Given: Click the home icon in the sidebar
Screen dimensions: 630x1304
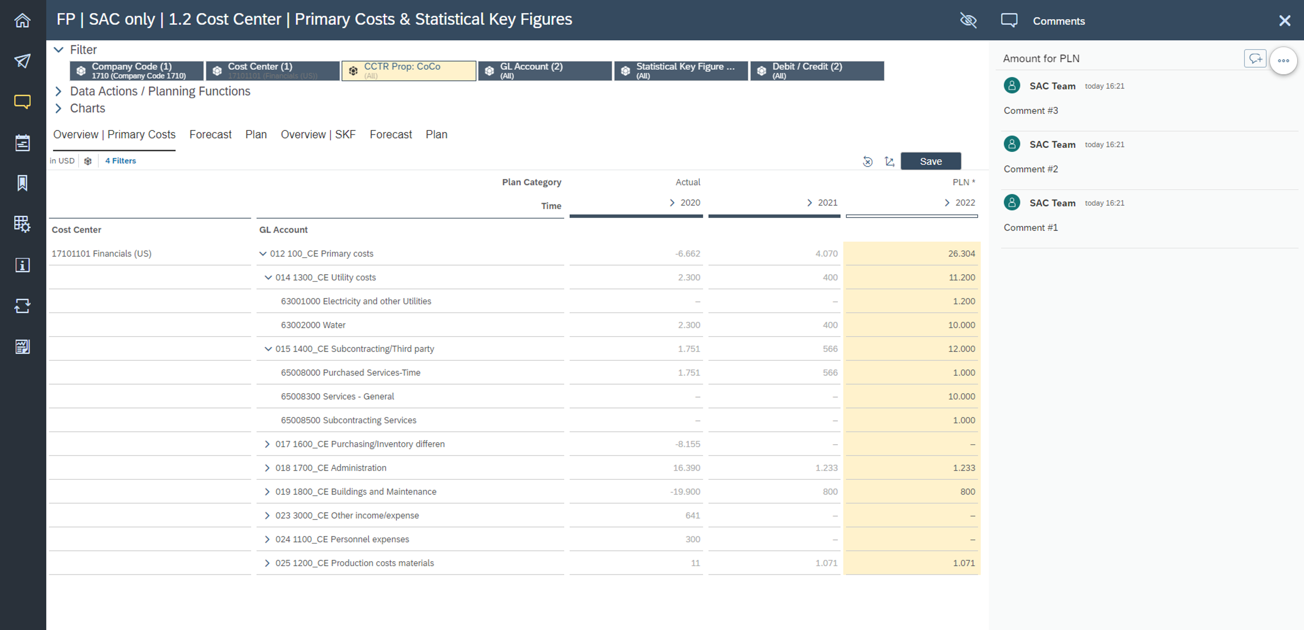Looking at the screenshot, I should (22, 21).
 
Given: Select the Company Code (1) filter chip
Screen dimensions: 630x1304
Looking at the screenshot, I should (136, 71).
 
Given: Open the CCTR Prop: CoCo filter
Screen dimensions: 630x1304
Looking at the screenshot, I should (408, 71).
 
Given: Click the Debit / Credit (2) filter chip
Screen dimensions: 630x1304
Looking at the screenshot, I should (816, 71).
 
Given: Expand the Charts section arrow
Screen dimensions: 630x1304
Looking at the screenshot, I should (59, 108).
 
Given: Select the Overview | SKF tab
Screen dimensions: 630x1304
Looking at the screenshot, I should (318, 135).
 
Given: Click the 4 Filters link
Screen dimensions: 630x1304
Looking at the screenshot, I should (120, 161).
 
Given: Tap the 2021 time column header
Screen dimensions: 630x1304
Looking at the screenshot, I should (827, 203).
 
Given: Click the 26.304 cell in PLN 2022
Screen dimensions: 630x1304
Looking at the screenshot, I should (961, 253).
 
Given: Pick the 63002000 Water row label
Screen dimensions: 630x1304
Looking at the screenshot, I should (313, 325).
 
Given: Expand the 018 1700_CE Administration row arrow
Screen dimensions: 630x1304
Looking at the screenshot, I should (267, 468).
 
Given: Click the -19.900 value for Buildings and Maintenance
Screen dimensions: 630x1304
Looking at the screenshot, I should (685, 492).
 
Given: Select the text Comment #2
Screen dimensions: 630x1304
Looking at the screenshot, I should (1031, 169).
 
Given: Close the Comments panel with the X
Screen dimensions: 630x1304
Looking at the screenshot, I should (1284, 21).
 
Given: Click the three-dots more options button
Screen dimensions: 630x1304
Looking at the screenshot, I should (1283, 61).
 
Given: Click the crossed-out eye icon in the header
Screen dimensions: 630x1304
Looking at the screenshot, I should (968, 21).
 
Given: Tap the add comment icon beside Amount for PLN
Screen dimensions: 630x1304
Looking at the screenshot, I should (1254, 59).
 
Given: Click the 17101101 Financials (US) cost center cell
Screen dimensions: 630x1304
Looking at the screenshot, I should (101, 253).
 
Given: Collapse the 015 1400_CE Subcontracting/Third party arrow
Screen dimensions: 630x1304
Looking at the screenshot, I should (268, 349).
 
